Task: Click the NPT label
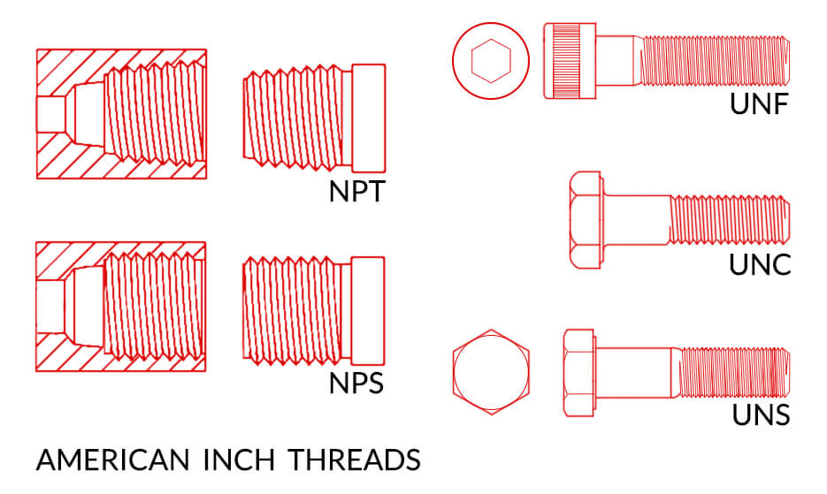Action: (x=357, y=192)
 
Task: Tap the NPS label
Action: (x=356, y=384)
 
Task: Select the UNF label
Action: (x=759, y=103)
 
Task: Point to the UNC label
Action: (x=760, y=264)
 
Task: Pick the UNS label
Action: (x=761, y=414)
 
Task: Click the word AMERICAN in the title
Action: (x=113, y=460)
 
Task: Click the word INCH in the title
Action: (x=239, y=460)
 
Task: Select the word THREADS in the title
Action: (x=355, y=460)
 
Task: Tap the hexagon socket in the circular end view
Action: (x=491, y=61)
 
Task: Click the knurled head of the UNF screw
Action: (x=570, y=61)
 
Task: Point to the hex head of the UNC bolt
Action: (x=586, y=220)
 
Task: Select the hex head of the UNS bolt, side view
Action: (x=579, y=373)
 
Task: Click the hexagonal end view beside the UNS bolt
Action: (x=491, y=372)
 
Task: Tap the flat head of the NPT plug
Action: (x=368, y=118)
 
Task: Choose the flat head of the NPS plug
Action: (x=367, y=310)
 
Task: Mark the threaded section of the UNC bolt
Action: (x=730, y=220)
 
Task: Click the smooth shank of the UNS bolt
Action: (x=634, y=373)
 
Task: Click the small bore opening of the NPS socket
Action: (x=50, y=307)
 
